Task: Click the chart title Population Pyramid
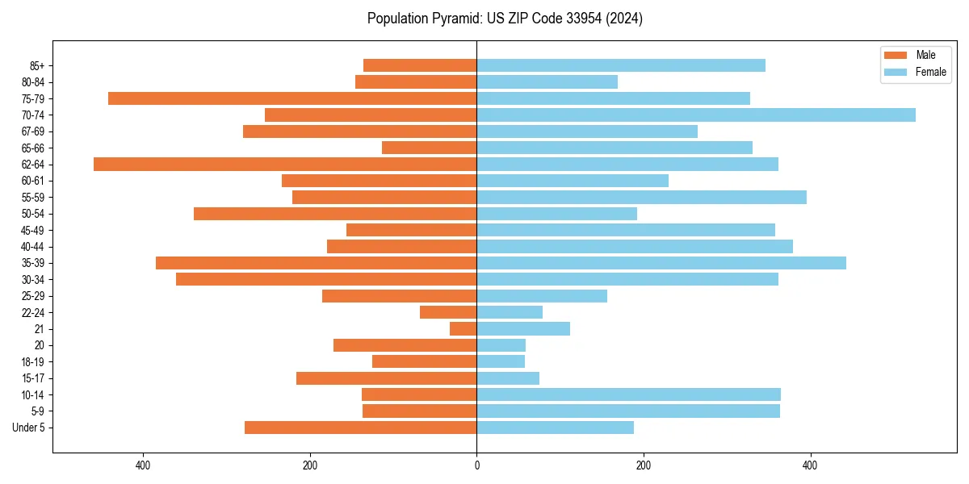[x=505, y=19]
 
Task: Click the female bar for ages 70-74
[x=696, y=115]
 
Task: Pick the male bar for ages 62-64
[x=285, y=164]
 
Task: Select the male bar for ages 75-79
[x=292, y=98]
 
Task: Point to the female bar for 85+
[x=621, y=65]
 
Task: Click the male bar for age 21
[x=464, y=328]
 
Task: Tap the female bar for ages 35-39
[x=661, y=263]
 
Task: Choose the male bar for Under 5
[x=361, y=428]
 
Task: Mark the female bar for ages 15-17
[x=508, y=378]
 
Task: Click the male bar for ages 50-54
[x=335, y=214]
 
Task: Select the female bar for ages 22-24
[x=510, y=312]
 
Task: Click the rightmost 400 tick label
[x=810, y=465]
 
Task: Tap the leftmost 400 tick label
[x=143, y=465]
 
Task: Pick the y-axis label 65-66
[x=32, y=148]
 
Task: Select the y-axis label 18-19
[x=32, y=361]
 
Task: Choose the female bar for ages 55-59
[x=641, y=197]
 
